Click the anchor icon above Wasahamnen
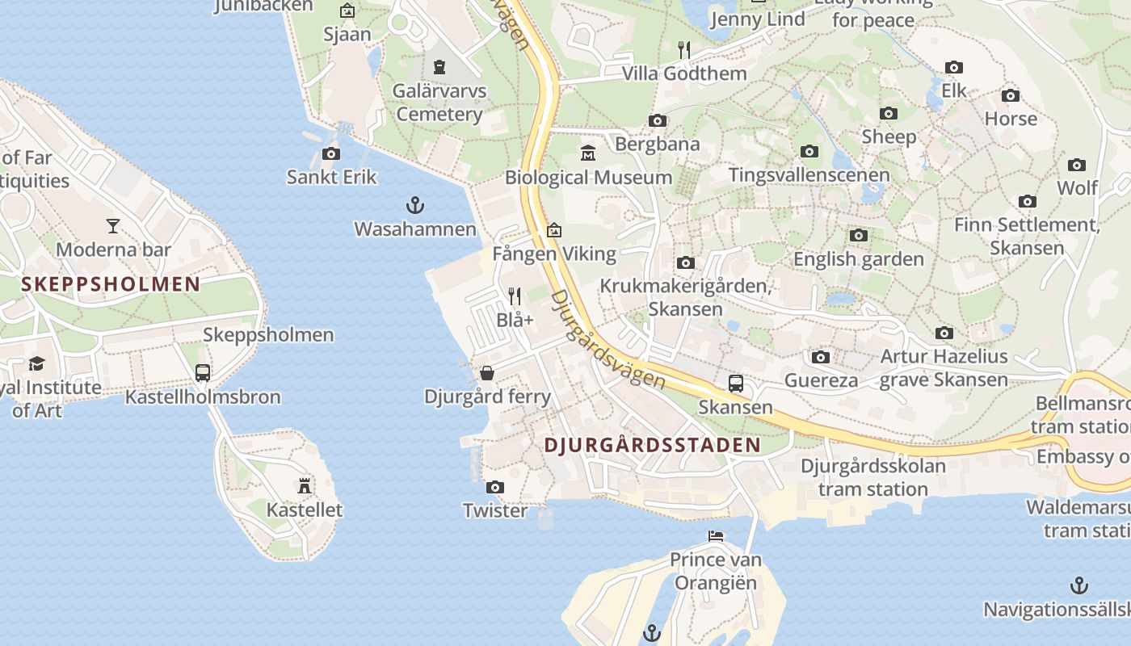point(414,205)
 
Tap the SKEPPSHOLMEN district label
point(111,284)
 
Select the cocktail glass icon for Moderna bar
point(113,226)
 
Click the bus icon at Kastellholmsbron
point(203,373)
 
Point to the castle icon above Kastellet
point(305,485)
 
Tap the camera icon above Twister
point(494,487)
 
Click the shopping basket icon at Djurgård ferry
point(487,373)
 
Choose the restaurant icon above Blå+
point(515,296)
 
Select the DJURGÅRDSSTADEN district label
point(652,445)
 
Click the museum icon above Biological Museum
point(588,153)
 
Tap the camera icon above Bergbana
point(658,121)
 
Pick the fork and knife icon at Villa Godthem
point(684,50)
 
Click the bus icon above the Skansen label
point(735,383)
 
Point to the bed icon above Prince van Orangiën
point(715,535)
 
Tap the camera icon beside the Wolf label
point(1077,166)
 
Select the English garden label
point(858,259)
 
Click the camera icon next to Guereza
point(821,357)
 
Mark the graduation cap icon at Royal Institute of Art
point(37,363)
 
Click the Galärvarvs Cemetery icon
point(439,66)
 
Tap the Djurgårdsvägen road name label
point(608,340)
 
